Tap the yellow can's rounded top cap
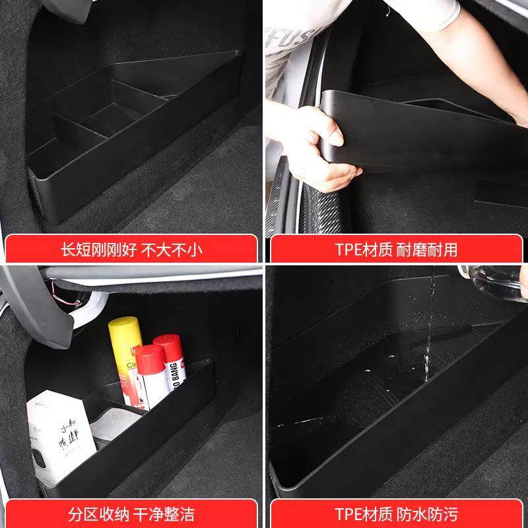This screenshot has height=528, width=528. tap(124, 325)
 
